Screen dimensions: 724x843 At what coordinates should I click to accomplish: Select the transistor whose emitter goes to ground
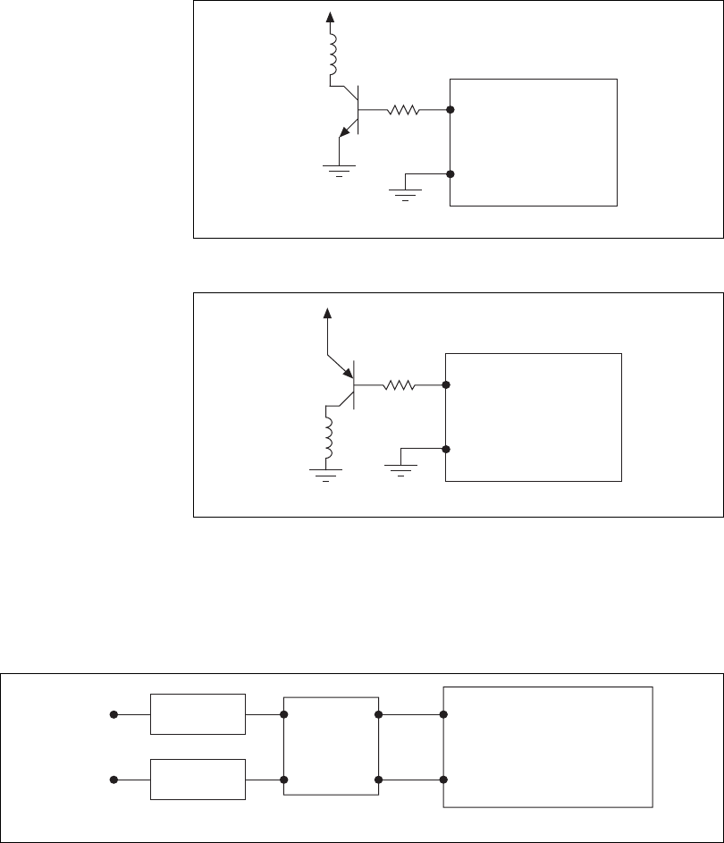point(351,113)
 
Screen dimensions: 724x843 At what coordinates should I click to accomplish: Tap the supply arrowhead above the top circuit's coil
point(333,15)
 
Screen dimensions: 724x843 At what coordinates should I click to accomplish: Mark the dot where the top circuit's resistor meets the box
point(450,111)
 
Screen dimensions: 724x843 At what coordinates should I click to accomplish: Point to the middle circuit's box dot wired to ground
point(445,450)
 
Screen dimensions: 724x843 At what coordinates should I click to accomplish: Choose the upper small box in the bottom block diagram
point(198,713)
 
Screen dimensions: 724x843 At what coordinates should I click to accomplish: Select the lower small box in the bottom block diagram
point(198,779)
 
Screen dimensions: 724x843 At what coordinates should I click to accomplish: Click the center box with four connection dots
point(331,746)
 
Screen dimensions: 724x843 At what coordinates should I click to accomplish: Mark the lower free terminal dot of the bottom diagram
point(114,780)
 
